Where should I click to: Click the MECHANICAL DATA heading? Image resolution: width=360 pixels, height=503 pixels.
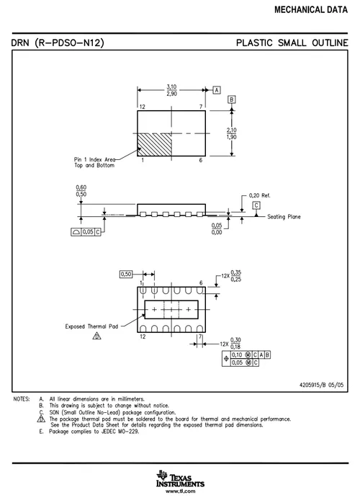310,10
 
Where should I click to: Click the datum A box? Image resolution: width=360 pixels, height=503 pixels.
217,90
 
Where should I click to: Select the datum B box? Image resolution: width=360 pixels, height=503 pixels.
231,99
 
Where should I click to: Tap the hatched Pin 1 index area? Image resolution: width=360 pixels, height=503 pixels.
155,145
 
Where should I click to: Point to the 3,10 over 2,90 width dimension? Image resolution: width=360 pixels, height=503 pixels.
171,90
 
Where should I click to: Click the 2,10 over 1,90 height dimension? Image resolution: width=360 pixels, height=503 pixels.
231,133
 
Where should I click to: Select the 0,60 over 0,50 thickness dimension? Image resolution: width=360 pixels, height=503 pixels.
81,190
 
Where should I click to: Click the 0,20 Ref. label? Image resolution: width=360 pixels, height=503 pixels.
260,195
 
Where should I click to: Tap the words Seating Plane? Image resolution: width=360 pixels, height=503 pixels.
284,217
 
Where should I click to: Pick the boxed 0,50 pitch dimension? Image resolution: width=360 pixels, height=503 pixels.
126,275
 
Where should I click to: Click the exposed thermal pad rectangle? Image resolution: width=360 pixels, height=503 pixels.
171,310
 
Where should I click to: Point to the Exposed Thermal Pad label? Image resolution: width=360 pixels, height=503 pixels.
91,326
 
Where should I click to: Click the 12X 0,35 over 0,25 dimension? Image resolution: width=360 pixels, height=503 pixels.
231,276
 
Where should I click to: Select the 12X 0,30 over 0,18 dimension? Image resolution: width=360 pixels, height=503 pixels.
230,344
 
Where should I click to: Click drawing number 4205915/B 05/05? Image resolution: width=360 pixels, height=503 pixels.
321,385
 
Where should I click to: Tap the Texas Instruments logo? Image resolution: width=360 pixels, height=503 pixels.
180,478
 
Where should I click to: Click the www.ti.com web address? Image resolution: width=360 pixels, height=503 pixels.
180,491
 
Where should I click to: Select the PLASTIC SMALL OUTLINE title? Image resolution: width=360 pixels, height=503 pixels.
292,43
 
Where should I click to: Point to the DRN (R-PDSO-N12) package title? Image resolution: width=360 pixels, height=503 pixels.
58,43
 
